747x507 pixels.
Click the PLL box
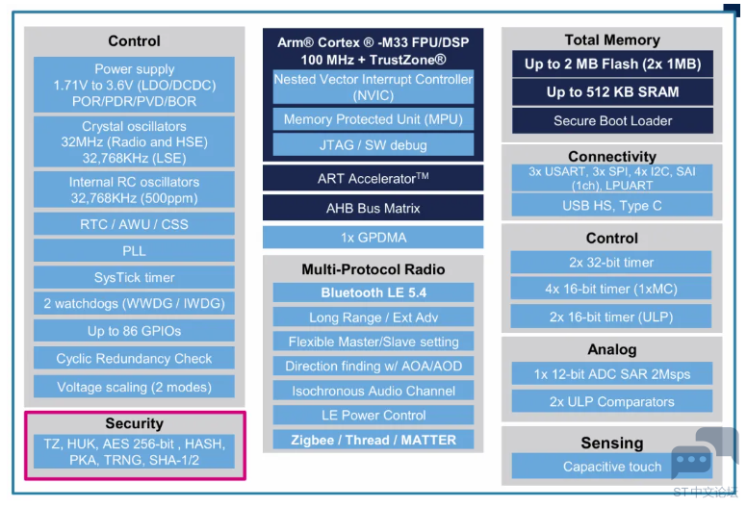point(134,250)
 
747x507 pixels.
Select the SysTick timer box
point(134,277)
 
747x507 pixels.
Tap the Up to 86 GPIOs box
point(134,330)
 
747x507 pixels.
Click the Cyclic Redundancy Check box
point(134,358)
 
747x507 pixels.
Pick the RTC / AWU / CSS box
point(134,224)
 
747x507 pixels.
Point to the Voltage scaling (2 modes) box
point(134,387)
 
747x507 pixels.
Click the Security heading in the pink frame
point(135,423)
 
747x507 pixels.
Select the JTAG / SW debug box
point(373,144)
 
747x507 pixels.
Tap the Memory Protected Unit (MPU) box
point(373,119)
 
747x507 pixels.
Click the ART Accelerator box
point(373,178)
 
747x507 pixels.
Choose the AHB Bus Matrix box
point(373,208)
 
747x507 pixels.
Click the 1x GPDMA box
point(373,237)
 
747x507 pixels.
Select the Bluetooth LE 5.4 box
point(373,292)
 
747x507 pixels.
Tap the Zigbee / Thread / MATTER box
point(373,440)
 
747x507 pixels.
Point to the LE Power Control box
point(373,415)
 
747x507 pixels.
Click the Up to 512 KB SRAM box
point(612,92)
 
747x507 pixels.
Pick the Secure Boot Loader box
point(612,120)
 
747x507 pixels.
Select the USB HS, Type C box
point(612,205)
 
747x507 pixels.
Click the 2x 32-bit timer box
point(611,263)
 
